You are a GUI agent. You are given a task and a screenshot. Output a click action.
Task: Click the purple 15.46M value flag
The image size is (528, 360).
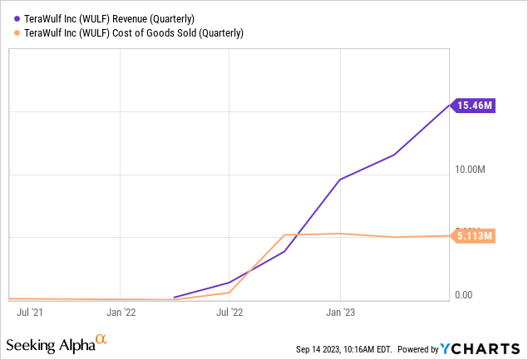(x=473, y=105)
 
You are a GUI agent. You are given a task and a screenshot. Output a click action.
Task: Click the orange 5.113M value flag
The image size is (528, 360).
(x=474, y=236)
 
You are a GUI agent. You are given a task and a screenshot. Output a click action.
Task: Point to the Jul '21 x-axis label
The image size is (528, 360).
(x=30, y=313)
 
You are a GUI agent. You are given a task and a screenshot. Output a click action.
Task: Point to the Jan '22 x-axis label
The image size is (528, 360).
(x=121, y=313)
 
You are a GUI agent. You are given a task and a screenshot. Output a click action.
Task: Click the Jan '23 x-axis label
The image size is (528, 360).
(x=339, y=313)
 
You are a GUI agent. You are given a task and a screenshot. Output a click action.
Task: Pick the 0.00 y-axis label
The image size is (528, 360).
(x=463, y=295)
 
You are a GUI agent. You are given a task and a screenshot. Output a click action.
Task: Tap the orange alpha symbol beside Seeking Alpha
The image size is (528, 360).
(x=101, y=339)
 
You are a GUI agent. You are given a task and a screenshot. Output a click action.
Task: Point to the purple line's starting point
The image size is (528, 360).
(x=174, y=297)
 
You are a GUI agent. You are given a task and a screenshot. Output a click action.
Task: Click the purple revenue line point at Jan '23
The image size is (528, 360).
(x=340, y=179)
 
